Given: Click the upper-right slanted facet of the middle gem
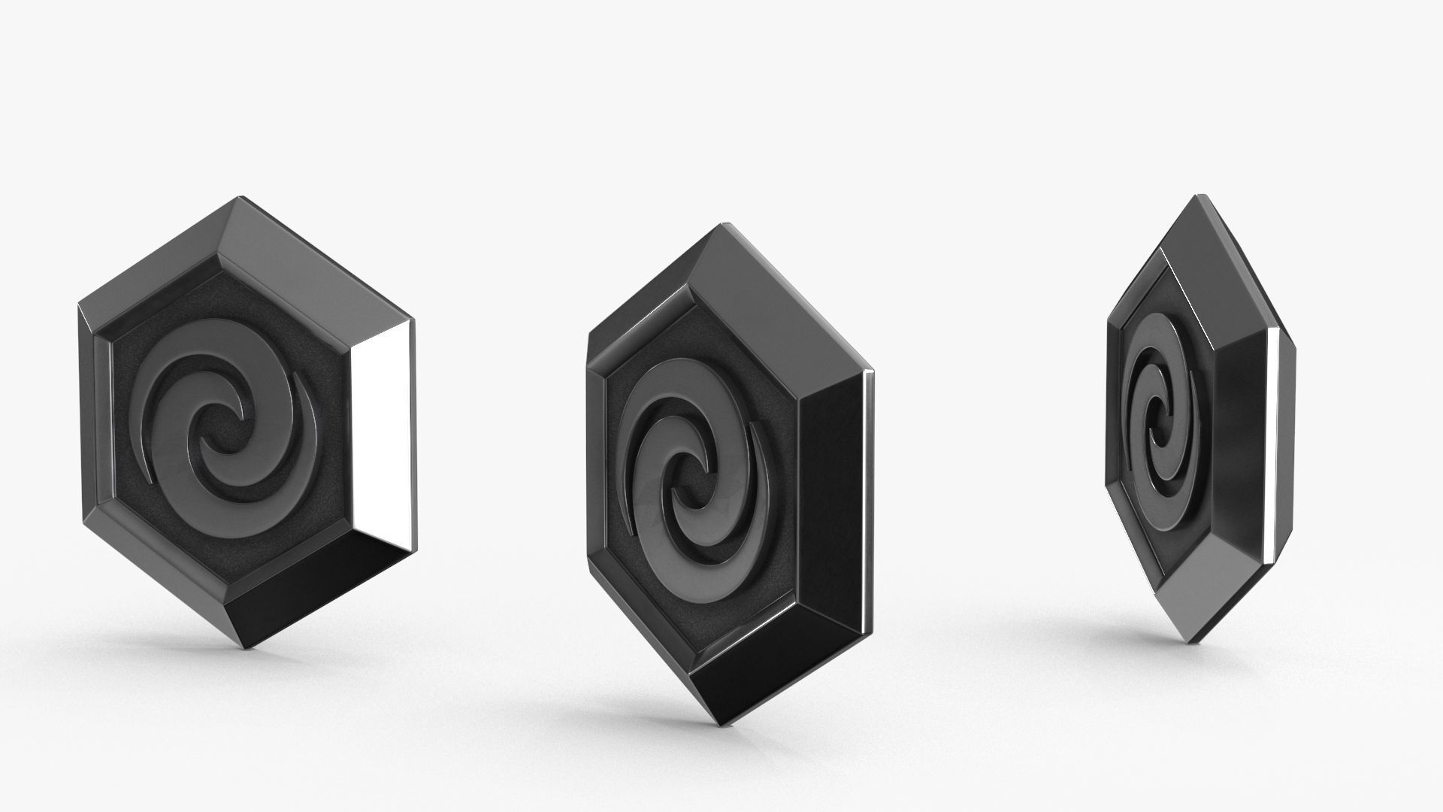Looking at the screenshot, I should [x=782, y=301].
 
